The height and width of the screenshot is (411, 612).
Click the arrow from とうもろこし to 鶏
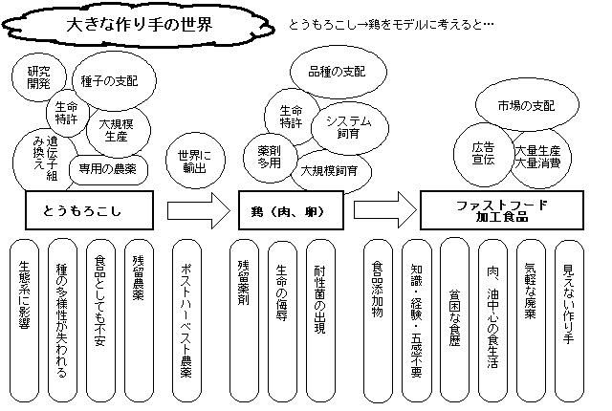point(196,210)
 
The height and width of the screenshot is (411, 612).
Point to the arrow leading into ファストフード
point(385,210)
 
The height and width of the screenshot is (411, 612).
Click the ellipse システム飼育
point(348,126)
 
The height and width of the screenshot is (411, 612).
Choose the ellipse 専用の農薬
point(108,167)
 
